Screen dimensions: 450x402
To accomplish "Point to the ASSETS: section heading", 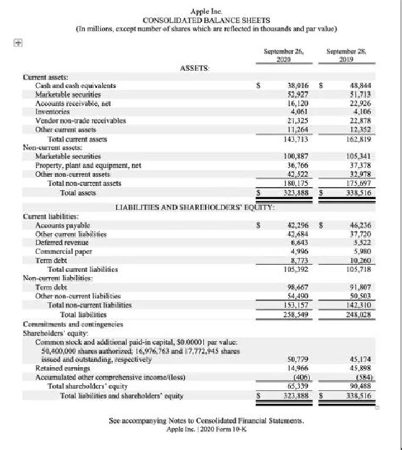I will (x=195, y=68).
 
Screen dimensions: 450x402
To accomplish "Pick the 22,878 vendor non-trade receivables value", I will (x=360, y=120).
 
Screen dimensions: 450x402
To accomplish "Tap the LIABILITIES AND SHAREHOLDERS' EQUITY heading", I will (x=195, y=207).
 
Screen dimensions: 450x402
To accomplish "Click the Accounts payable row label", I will (x=62, y=225).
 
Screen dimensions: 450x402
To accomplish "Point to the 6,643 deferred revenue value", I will (x=299, y=243).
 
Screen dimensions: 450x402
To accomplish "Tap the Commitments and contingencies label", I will (x=73, y=323).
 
